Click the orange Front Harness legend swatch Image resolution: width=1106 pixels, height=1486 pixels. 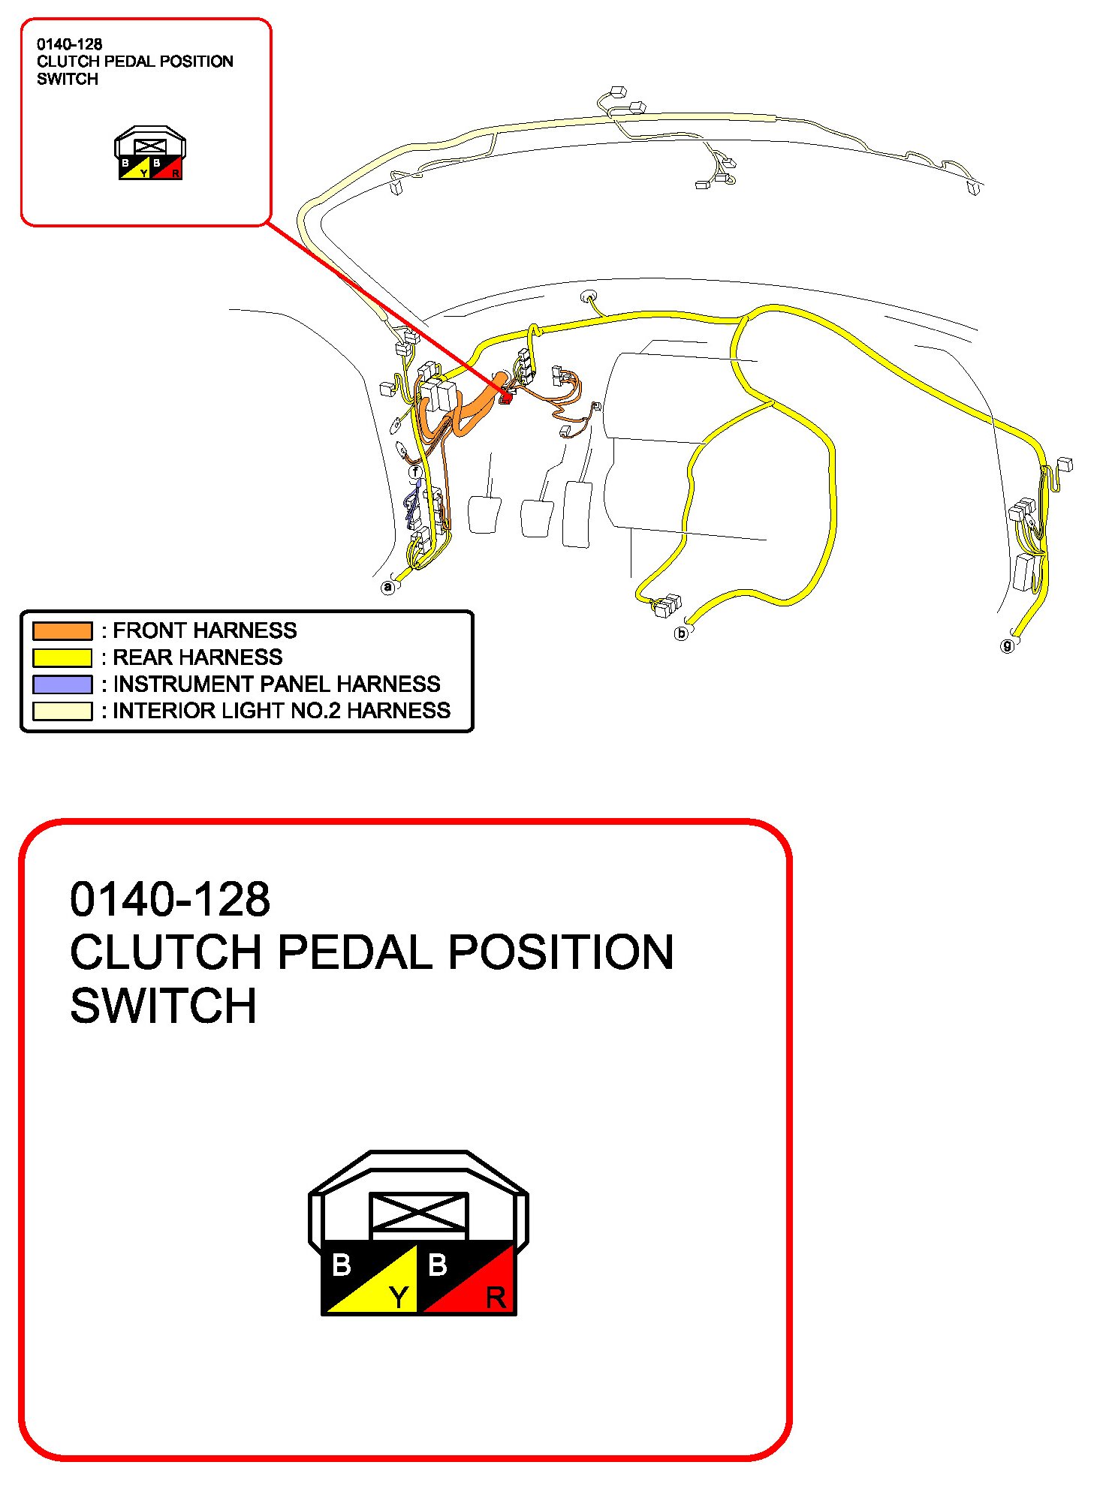tap(62, 630)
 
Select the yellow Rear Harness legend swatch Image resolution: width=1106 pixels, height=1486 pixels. tap(62, 657)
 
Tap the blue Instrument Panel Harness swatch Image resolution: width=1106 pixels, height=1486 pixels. tap(62, 684)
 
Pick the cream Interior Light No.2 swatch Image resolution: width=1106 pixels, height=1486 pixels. tap(62, 711)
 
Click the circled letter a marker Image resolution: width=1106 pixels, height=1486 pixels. tap(387, 587)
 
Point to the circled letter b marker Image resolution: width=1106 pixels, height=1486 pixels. tap(681, 633)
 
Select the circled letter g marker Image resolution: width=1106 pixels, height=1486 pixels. tap(1008, 645)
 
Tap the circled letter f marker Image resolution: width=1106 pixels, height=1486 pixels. tap(415, 472)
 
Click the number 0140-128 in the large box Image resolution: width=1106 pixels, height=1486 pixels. tap(170, 899)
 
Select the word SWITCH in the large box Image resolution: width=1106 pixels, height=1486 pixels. tap(163, 1006)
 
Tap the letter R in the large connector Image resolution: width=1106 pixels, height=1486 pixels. tap(496, 1298)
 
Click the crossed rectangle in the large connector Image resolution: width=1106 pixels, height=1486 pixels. tap(418, 1214)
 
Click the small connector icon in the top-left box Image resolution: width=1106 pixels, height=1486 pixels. tap(150, 154)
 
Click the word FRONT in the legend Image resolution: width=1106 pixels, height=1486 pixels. tap(151, 630)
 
